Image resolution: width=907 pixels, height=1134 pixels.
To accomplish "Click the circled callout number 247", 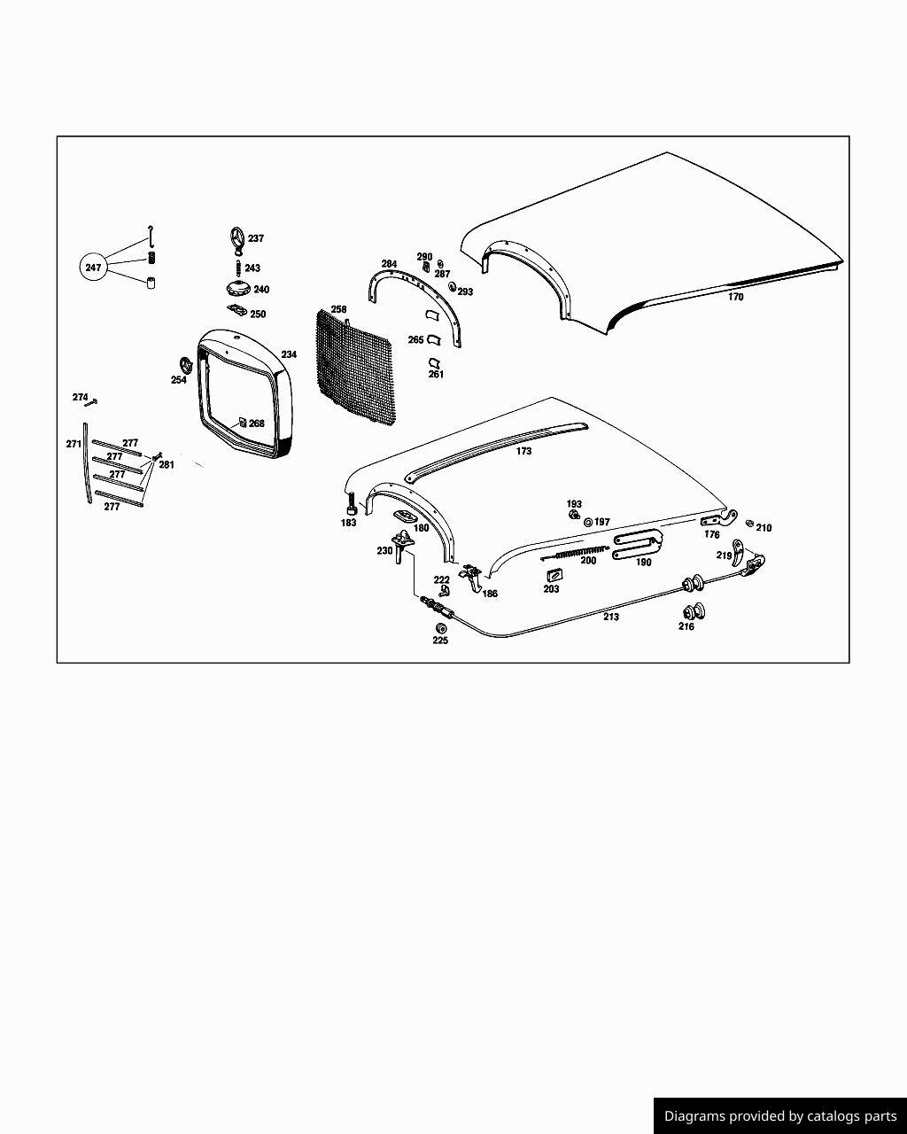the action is coord(93,268).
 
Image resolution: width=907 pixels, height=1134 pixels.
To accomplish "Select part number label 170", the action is coord(736,297).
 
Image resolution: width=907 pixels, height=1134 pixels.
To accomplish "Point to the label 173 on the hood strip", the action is coord(523,451).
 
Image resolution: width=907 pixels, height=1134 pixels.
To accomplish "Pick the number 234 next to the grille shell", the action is coord(289,354).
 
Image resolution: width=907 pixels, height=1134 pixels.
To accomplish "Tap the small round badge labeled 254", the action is coord(185,365).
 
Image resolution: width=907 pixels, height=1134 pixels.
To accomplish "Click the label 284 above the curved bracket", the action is coord(389,264).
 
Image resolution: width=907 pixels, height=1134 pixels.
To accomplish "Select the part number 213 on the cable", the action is coord(611,617).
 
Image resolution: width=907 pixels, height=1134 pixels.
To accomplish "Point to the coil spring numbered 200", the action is coord(576,554).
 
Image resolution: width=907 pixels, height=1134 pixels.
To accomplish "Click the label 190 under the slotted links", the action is coord(643,563).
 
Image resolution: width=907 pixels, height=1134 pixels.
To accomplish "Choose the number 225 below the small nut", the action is coord(440,641).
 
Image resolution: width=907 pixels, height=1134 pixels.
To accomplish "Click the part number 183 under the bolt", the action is coord(348,523).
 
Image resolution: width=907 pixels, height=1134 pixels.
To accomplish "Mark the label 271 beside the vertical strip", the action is coord(74,444).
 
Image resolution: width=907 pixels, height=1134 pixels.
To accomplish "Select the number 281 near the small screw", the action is coord(167,465).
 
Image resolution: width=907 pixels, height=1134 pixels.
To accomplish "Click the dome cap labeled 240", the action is coord(236,290).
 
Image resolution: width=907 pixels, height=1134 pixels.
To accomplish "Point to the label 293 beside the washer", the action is coord(465,292).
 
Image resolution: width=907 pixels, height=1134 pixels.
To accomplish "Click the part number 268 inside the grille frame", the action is coord(257,423).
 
